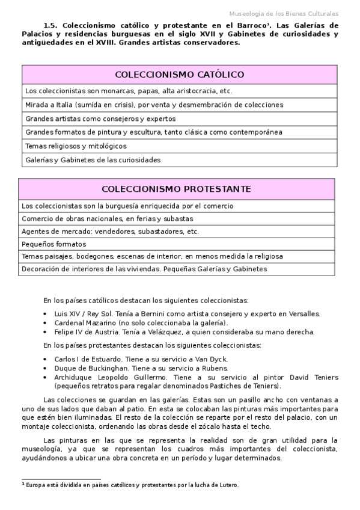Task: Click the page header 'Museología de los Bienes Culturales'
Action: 284,13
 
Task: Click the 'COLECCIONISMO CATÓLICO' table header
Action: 179,75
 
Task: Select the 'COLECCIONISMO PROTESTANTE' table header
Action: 176,189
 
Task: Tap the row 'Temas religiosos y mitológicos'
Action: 76,146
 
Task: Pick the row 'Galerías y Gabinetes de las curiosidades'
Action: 93,160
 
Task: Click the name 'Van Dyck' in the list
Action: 212,359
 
